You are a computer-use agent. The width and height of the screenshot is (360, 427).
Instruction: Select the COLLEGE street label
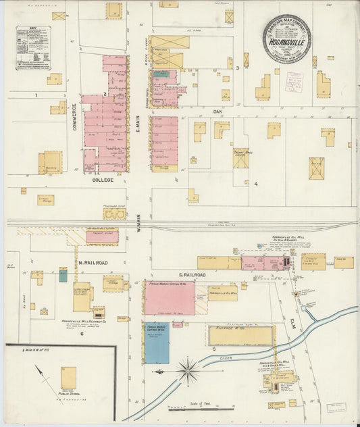coord(100,180)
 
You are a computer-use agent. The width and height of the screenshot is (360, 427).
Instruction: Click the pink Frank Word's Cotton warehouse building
coord(170,298)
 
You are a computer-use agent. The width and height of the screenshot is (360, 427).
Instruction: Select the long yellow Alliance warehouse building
coord(240,336)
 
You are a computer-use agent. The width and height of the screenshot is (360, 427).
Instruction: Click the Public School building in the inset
coord(68,378)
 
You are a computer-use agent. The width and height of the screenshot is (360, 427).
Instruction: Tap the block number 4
coord(255,184)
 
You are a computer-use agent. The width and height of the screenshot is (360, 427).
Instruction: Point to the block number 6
coord(81,333)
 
